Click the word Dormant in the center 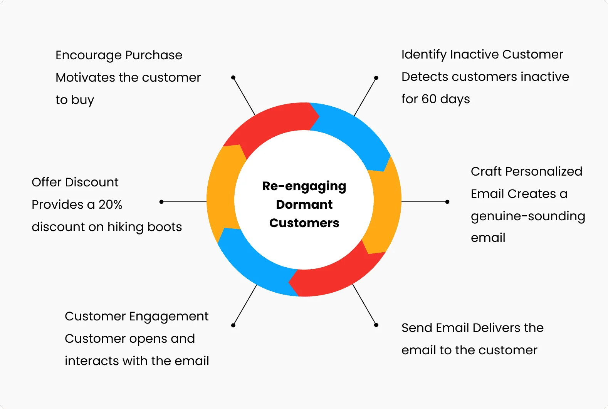pyautogui.click(x=304, y=204)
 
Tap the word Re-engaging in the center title pyautogui.click(x=304, y=187)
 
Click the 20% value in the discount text pyautogui.click(x=111, y=204)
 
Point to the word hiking pyautogui.click(x=125, y=227)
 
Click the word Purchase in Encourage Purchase pyautogui.click(x=154, y=55)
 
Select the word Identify pyautogui.click(x=424, y=55)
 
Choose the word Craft pyautogui.click(x=486, y=171)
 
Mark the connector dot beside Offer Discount pyautogui.click(x=161, y=202)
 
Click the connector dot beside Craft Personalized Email pyautogui.click(x=447, y=202)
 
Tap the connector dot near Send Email pyautogui.click(x=376, y=325)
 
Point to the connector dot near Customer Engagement pyautogui.click(x=233, y=325)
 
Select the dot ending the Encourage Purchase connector pyautogui.click(x=233, y=77)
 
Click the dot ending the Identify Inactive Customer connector pyautogui.click(x=376, y=78)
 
